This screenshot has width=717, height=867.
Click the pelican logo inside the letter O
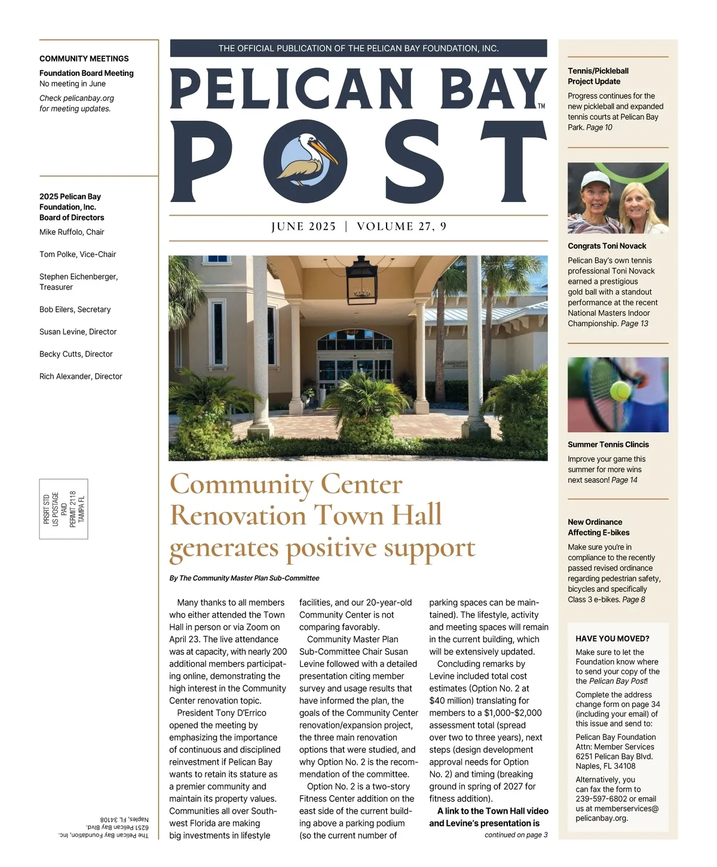tap(305, 160)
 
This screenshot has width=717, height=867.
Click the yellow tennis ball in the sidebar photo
tap(619, 391)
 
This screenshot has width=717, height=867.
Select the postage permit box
tap(64, 508)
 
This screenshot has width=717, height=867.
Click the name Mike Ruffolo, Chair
tap(72, 232)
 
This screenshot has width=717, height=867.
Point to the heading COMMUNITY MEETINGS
tap(84, 59)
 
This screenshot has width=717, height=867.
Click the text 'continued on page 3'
tap(516, 835)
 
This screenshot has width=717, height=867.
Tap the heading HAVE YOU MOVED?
tap(612, 638)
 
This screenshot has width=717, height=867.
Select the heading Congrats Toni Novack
tap(607, 246)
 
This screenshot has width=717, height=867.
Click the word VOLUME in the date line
tap(385, 226)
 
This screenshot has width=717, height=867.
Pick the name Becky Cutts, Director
tap(76, 354)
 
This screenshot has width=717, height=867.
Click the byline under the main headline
tap(244, 578)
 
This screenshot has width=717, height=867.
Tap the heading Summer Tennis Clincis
tap(608, 445)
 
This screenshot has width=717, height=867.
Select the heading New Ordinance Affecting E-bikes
tap(598, 527)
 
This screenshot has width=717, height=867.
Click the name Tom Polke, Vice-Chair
tap(78, 254)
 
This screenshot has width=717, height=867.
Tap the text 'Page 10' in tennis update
tap(599, 127)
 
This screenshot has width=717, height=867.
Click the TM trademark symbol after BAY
tap(541, 106)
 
